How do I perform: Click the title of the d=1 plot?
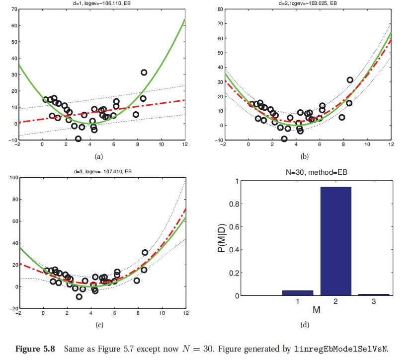[x=101, y=4]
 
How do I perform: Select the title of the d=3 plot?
[x=101, y=172]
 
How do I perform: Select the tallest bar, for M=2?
[x=335, y=241]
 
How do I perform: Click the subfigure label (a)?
[x=98, y=156]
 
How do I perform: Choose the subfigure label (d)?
[x=305, y=325]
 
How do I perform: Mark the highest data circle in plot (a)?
[x=144, y=72]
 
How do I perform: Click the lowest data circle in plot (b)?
[x=284, y=139]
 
